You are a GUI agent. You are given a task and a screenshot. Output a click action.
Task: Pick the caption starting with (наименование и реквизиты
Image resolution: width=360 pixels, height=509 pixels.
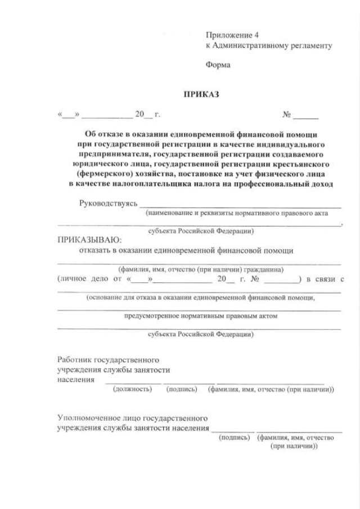[x=242, y=214]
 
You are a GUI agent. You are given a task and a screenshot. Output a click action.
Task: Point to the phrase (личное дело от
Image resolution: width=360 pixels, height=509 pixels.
[x=87, y=279]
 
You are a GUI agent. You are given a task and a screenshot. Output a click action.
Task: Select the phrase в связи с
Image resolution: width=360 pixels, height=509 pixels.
[x=326, y=279]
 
